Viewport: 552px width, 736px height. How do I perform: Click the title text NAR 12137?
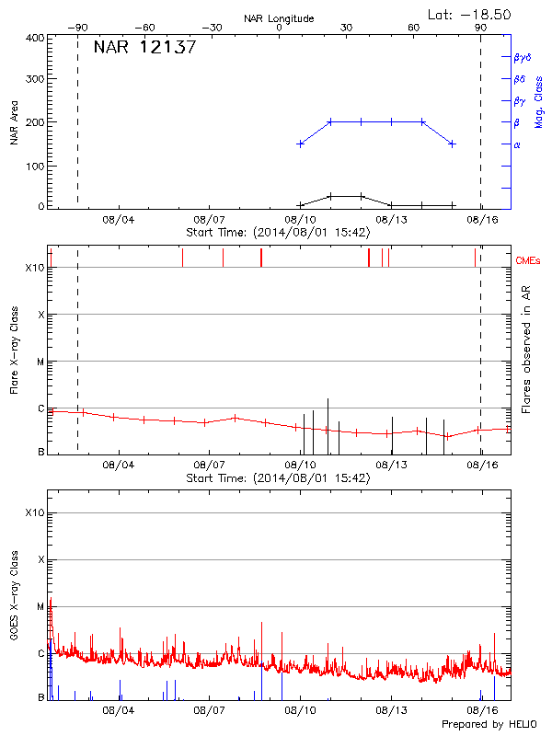pos(144,48)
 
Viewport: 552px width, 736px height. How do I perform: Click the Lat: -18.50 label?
pos(470,14)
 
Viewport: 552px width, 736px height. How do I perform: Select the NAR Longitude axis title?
pos(279,17)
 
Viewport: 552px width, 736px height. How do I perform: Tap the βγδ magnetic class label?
pos(522,57)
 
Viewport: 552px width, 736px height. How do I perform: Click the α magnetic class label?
pos(516,144)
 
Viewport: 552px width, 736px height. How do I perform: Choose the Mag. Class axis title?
pos(539,101)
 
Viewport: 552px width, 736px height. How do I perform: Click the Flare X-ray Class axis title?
pos(13,351)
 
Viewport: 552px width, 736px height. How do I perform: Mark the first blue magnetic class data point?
pos(300,144)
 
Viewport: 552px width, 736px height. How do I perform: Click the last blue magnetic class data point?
pos(452,144)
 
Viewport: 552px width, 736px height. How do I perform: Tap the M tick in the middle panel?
pos(40,362)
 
